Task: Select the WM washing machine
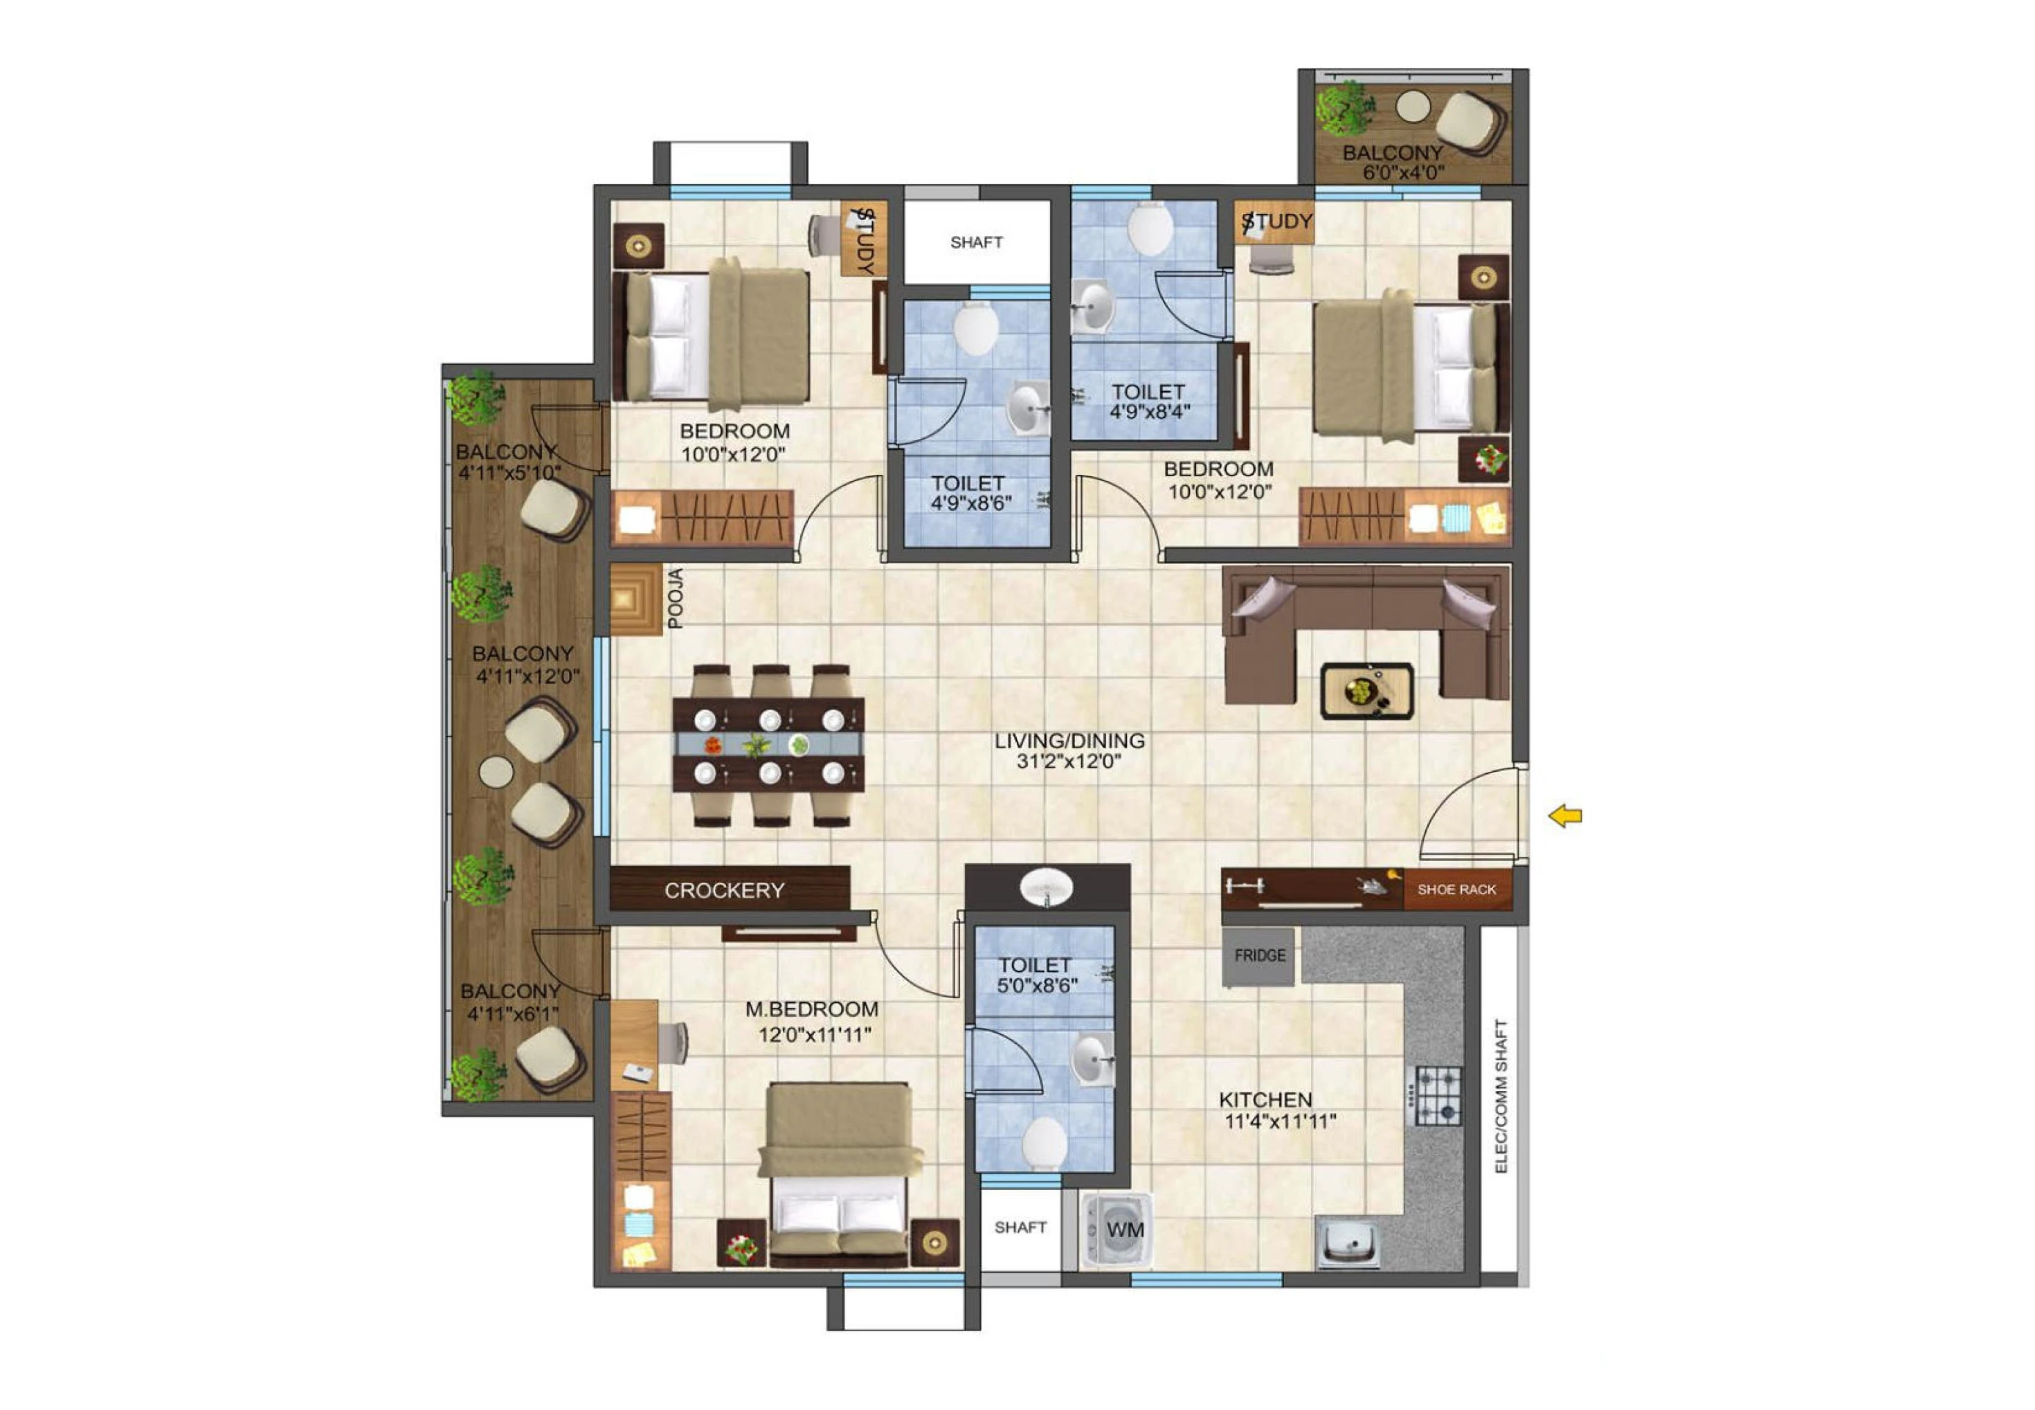click(x=1117, y=1230)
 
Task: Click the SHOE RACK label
click(x=1456, y=889)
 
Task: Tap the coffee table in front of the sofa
click(x=1366, y=691)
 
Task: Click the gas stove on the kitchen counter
click(x=1438, y=1096)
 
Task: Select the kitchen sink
click(x=1348, y=1242)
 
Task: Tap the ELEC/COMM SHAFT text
click(x=1501, y=1096)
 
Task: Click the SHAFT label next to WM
click(x=1020, y=1227)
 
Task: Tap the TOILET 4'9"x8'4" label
click(x=1148, y=401)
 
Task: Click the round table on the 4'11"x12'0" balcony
click(x=496, y=771)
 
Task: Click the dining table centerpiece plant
click(x=755, y=745)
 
